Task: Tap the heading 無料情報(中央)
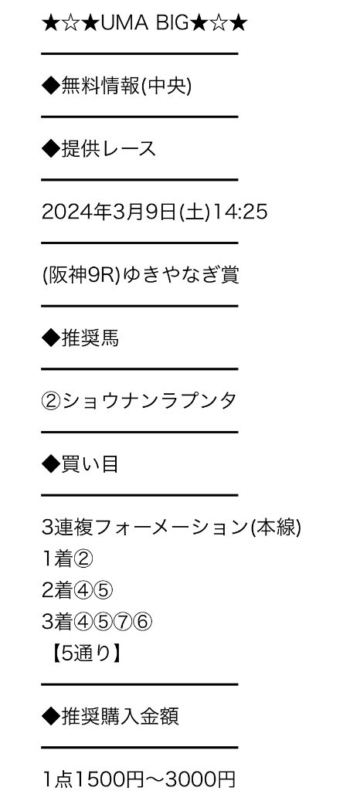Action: tap(126, 87)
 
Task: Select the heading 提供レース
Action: tap(108, 149)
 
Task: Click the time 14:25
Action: tap(239, 212)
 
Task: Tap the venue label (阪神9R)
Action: tap(81, 275)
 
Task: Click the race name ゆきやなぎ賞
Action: tap(180, 275)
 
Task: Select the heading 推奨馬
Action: tap(90, 338)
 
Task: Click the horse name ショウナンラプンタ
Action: tap(149, 401)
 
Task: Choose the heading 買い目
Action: tap(90, 464)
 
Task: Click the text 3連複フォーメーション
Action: tap(145, 528)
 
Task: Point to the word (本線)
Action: tap(276, 528)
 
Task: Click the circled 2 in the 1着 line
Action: tap(83, 559)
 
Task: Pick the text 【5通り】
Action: tap(86, 654)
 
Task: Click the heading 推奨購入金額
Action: tap(120, 717)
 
